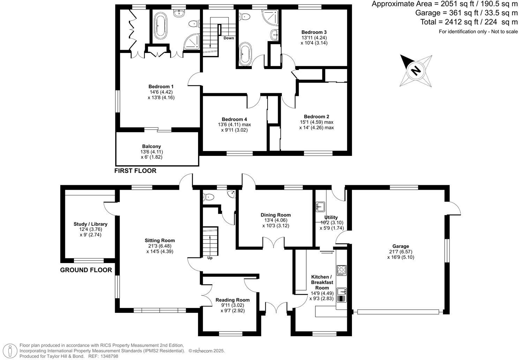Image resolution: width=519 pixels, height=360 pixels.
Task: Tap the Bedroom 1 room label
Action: (161, 87)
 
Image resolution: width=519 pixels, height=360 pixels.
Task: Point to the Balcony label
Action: (151, 147)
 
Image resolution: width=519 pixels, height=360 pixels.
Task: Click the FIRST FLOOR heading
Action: (135, 171)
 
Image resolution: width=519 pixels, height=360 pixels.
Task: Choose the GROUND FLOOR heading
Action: (86, 270)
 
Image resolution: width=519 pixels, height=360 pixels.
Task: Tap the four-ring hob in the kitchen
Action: (341, 270)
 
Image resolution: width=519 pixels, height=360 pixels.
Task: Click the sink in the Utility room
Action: (320, 207)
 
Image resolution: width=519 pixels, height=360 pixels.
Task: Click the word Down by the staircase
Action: (229, 38)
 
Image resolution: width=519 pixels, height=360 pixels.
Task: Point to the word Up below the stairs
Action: (210, 258)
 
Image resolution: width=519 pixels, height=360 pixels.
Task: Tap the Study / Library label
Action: (90, 224)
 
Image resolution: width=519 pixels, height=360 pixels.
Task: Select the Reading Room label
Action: (233, 300)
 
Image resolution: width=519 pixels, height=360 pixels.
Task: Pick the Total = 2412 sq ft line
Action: (469, 22)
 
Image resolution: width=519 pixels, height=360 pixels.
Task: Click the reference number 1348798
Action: (108, 356)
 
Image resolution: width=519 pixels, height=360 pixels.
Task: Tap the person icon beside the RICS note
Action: (12, 350)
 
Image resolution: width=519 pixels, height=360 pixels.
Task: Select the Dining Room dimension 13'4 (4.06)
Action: (276, 220)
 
